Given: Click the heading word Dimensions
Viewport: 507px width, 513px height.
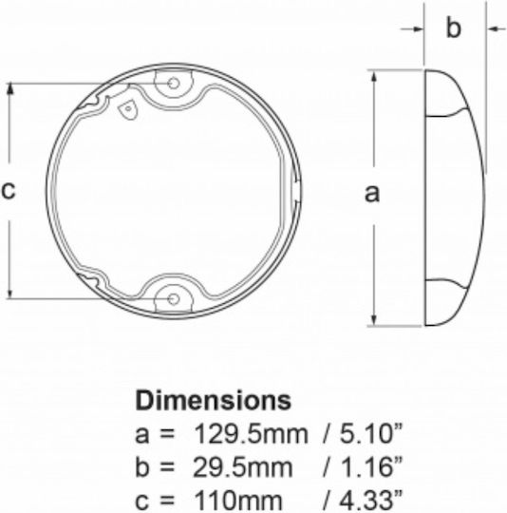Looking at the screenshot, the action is [213, 401].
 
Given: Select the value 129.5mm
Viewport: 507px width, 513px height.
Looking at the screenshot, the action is [251, 434].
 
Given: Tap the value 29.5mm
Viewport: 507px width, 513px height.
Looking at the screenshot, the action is [242, 467].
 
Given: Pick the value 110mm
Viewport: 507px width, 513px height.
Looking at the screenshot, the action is [238, 501].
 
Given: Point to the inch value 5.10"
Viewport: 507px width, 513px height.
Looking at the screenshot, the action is [370, 434].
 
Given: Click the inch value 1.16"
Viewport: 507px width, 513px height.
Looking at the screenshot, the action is [370, 466].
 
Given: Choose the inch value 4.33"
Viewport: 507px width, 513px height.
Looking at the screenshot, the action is [370, 500].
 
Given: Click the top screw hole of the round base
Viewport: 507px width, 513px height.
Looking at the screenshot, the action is [173, 84].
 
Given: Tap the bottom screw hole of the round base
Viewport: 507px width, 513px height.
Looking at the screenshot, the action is [173, 298].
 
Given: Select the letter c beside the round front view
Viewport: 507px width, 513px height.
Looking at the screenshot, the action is [9, 190].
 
